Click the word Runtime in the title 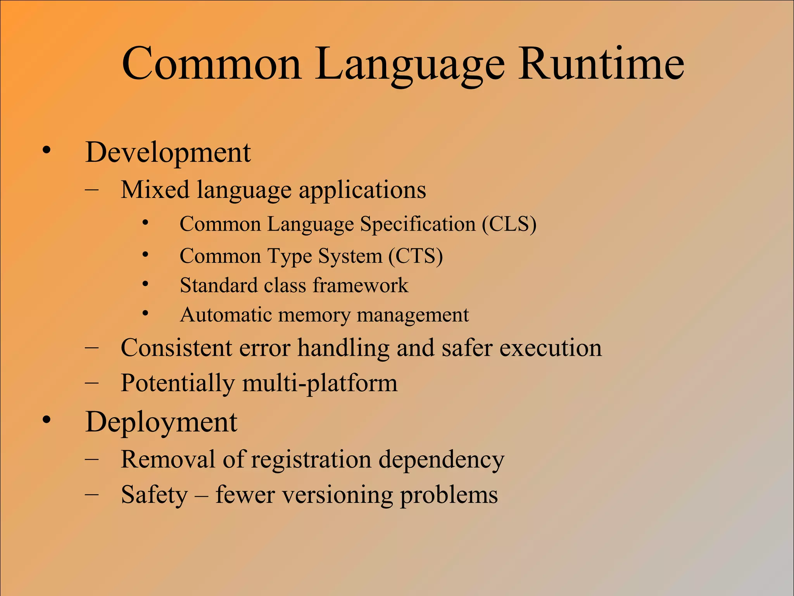(601, 64)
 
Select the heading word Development (168, 152)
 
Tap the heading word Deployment (161, 423)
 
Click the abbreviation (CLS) (509, 224)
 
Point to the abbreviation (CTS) (416, 256)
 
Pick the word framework (360, 286)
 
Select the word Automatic (226, 315)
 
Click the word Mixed (155, 190)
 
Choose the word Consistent (176, 348)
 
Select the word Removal (168, 459)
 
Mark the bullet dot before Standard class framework (145, 284)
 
